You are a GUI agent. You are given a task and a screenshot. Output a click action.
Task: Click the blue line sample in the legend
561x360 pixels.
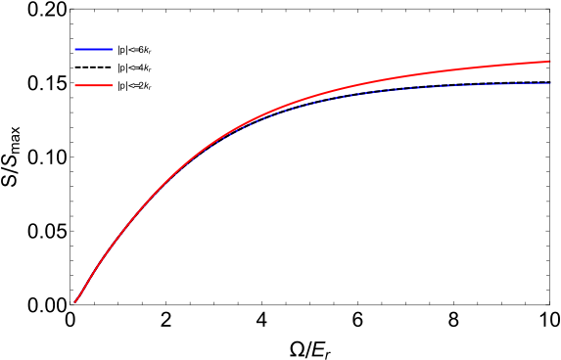coord(94,49)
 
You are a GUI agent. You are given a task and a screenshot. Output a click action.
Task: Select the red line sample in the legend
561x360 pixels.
coord(94,85)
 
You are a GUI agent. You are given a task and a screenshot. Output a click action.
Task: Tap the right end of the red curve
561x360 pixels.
coord(550,62)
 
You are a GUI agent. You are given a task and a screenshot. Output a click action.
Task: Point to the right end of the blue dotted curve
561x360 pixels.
coord(550,83)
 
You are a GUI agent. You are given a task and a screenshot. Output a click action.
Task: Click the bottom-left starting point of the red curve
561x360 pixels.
coord(75,302)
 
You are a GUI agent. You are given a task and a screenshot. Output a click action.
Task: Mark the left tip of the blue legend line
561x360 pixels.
coord(76,49)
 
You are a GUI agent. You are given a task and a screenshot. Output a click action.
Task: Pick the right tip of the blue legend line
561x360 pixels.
coord(112,49)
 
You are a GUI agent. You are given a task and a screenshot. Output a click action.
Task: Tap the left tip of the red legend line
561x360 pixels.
coord(76,85)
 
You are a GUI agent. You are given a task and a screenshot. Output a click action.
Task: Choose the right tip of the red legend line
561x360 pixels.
coord(112,85)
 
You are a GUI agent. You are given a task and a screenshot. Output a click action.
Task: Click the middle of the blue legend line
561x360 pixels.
coord(94,49)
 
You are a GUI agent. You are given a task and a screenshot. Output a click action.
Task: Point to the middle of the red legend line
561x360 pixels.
coord(94,85)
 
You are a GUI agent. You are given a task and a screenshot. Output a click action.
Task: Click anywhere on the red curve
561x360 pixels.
coord(294,103)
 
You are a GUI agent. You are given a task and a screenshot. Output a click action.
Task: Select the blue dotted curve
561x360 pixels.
coord(441,86)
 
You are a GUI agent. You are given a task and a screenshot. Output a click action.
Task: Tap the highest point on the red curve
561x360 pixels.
coord(550,62)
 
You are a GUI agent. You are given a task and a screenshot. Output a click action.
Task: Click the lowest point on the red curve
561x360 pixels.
coord(75,302)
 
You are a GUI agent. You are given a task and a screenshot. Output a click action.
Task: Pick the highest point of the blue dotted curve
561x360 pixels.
coord(548,83)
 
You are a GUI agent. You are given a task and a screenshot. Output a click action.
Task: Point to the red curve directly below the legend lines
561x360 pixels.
coord(94,271)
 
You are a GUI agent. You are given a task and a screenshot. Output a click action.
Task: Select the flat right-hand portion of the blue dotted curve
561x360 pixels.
coord(490,84)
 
